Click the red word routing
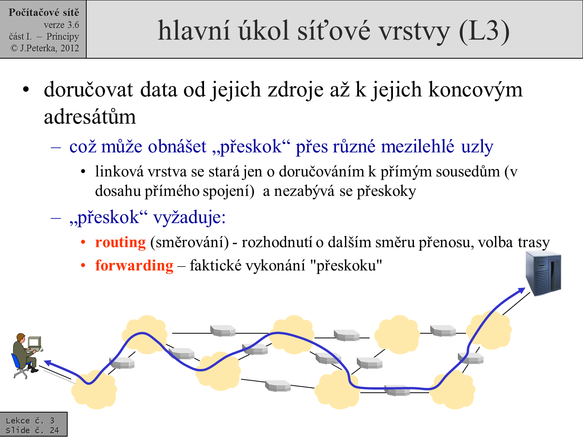120,242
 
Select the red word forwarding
134,265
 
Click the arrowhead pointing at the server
521,291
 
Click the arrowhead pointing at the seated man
48,363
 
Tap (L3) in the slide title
484,31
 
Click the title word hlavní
194,31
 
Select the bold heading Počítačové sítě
44,12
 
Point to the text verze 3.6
61,25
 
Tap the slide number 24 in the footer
54,430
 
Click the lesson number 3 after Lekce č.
52,421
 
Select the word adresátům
90,117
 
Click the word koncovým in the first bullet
475,90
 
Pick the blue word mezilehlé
417,146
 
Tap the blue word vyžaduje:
190,218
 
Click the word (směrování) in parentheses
189,242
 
